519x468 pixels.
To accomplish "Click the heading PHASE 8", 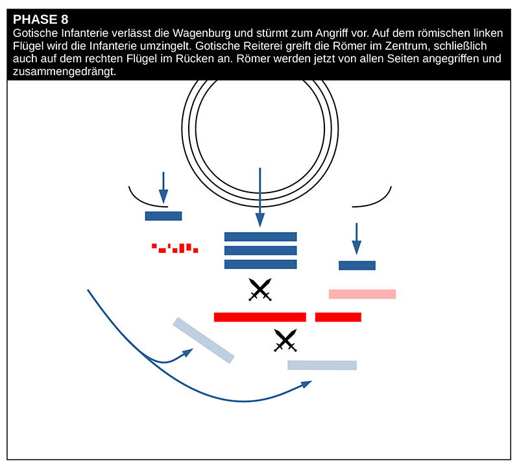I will click(40, 19).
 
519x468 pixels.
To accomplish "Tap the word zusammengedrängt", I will click(64, 72).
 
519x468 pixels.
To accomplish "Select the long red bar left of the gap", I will click(259, 317).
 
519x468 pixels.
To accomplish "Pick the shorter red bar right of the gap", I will click(338, 317).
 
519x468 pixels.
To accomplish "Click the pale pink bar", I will click(362, 294).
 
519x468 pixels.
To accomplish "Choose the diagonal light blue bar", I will click(203, 340).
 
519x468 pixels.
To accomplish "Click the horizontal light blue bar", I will click(322, 365).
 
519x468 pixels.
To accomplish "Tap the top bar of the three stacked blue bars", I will click(260, 237).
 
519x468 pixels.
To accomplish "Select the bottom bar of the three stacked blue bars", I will click(260, 264).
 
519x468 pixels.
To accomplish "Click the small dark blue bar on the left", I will click(163, 216).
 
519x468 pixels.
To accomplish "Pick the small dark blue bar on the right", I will click(357, 265).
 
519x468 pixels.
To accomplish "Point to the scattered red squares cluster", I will click(175, 248).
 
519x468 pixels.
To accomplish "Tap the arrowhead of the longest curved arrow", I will click(306, 384).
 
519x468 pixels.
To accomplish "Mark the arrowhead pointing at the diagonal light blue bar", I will click(188, 352).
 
